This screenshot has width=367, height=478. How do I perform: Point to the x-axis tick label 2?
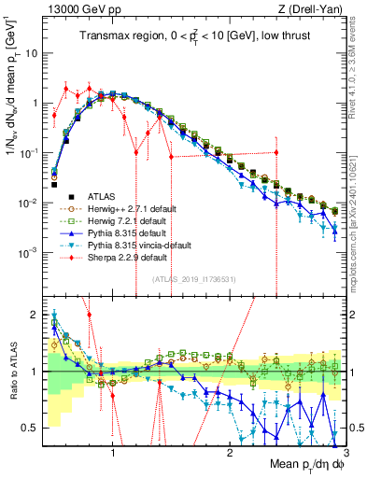coord(230,455)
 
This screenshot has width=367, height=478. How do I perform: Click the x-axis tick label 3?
coord(345,455)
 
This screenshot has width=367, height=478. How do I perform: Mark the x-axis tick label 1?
coord(113,455)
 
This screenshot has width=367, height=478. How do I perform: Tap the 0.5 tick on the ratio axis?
coord(33,428)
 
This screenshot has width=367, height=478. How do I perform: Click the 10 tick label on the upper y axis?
coord(32,53)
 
